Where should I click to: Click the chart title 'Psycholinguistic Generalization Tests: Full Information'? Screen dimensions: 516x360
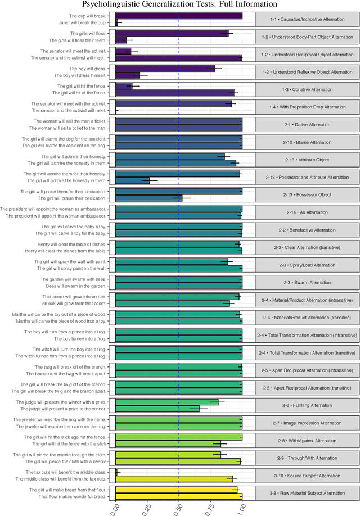179,4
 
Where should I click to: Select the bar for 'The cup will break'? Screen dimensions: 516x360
179,16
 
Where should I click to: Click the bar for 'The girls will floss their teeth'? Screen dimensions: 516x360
121,40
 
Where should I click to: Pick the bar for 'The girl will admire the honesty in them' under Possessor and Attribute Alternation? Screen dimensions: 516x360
132,181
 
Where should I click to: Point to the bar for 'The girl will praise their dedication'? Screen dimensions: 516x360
148,198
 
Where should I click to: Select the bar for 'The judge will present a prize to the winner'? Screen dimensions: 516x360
157,409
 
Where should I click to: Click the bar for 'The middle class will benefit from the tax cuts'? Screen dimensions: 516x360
174,479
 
